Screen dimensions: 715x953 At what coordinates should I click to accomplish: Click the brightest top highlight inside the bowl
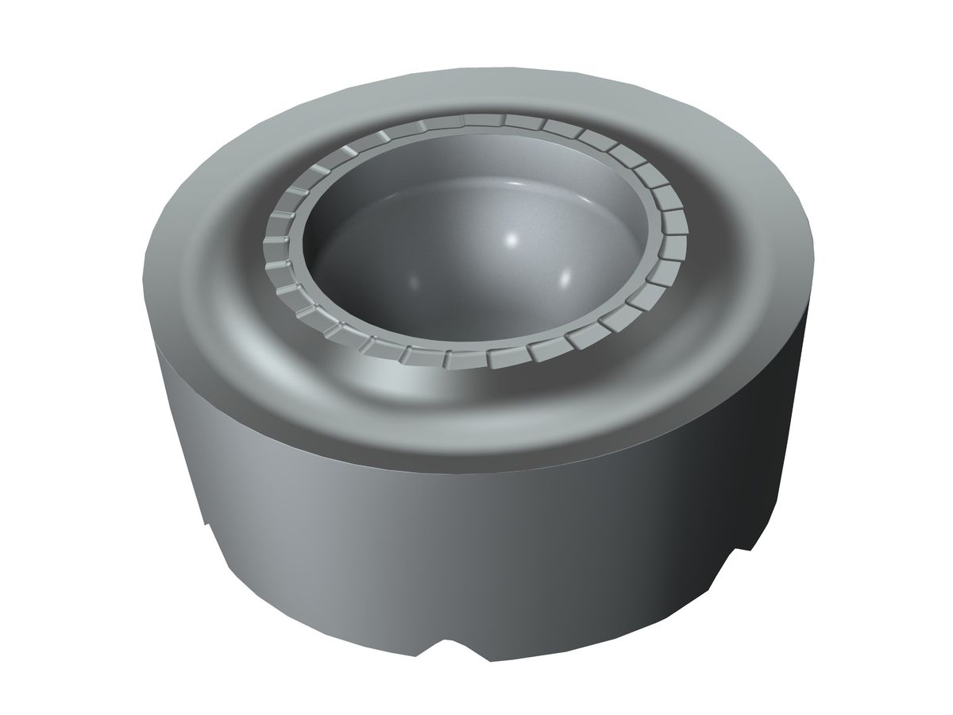(511, 238)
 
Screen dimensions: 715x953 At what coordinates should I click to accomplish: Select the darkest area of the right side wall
(762, 445)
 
